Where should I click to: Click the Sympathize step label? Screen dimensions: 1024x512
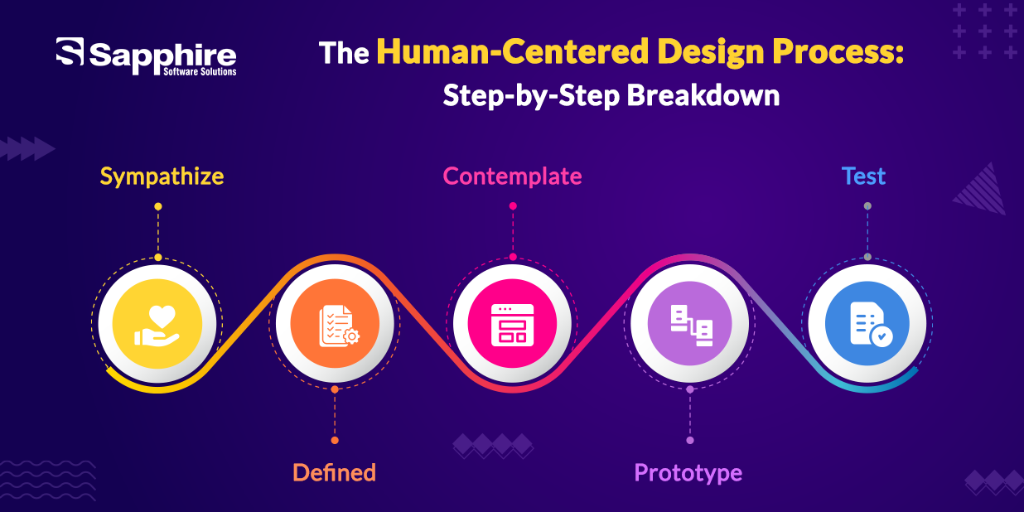pyautogui.click(x=162, y=177)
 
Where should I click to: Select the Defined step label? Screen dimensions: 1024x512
pyautogui.click(x=334, y=472)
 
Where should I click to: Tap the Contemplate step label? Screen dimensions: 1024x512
pyautogui.click(x=513, y=176)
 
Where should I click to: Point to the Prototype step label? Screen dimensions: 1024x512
pyautogui.click(x=688, y=474)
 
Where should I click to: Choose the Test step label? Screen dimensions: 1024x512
pyautogui.click(x=863, y=176)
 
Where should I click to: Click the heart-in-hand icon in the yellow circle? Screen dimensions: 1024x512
pyautogui.click(x=157, y=326)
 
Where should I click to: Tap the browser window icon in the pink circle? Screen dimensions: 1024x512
pyautogui.click(x=513, y=325)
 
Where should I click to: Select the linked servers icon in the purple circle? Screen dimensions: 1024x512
pyautogui.click(x=691, y=326)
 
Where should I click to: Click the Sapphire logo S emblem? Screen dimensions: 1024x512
pyautogui.click(x=70, y=51)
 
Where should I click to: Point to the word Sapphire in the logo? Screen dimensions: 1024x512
pyautogui.click(x=162, y=56)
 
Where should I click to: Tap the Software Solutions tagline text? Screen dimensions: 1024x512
pyautogui.click(x=200, y=72)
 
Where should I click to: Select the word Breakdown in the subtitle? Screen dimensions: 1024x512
pyautogui.click(x=703, y=95)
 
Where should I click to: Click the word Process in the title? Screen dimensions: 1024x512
pyautogui.click(x=833, y=51)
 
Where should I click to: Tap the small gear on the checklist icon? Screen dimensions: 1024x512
pyautogui.click(x=351, y=337)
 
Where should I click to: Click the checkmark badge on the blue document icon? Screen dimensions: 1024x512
pyautogui.click(x=882, y=336)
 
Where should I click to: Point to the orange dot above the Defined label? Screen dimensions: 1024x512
pyautogui.click(x=335, y=440)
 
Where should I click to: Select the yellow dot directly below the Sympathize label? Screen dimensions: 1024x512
pyautogui.click(x=157, y=206)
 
